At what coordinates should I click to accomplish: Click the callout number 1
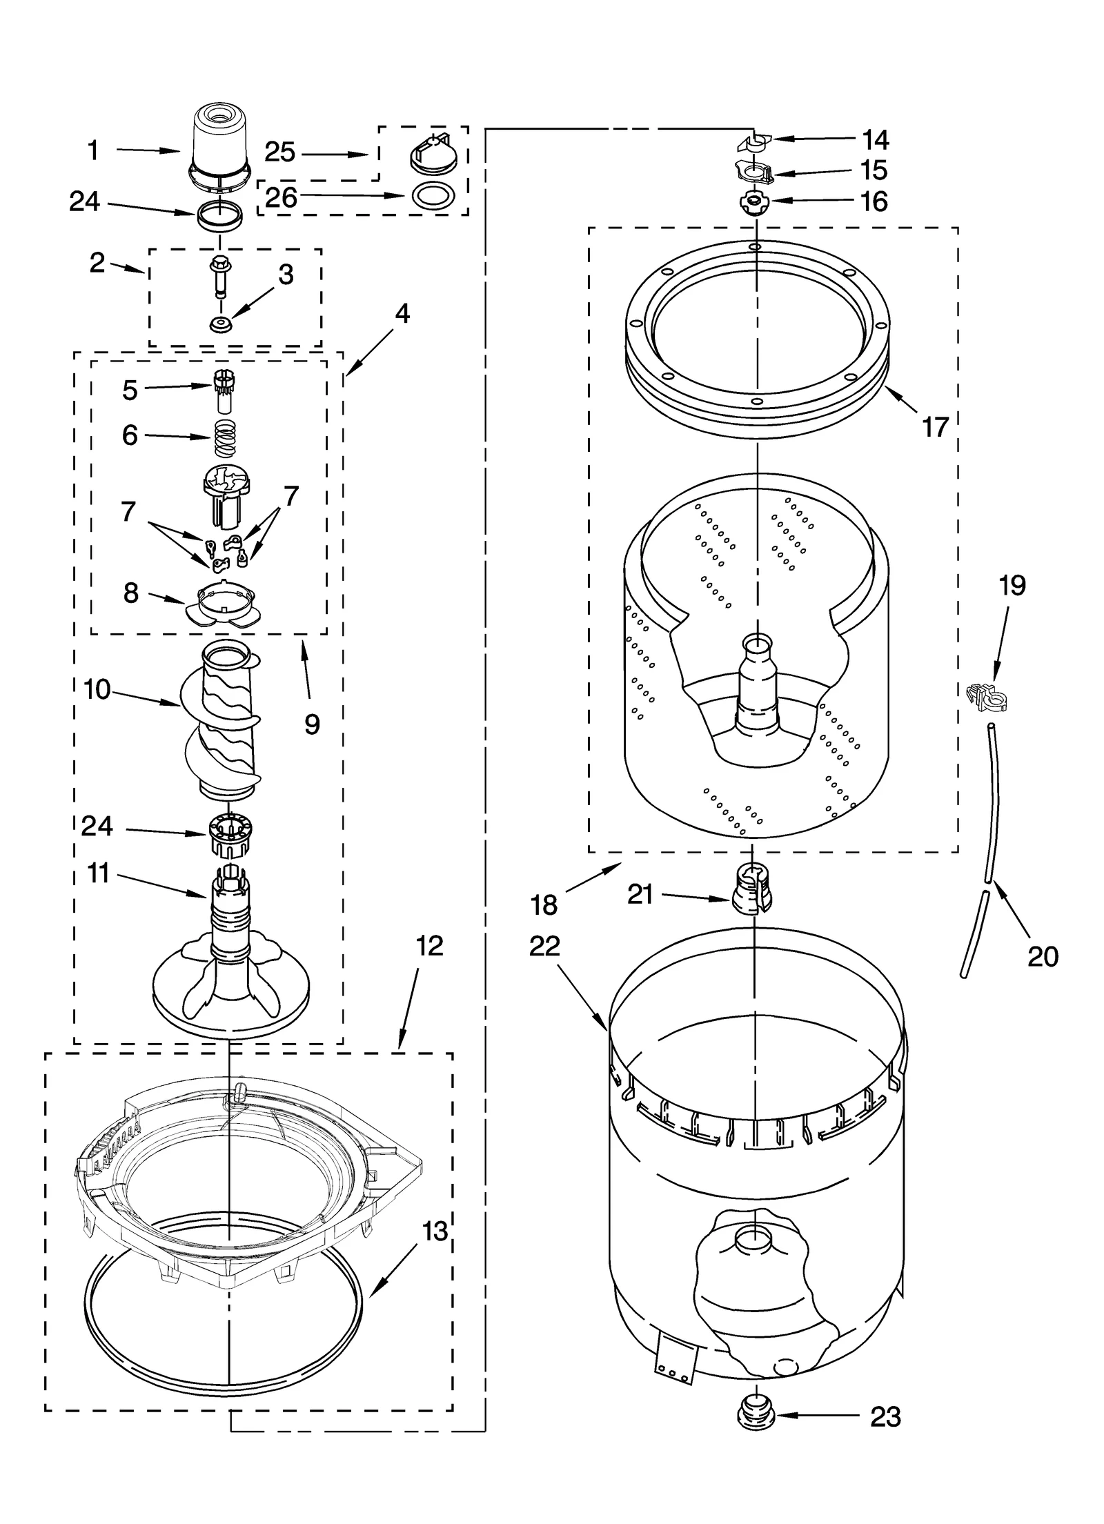(x=93, y=150)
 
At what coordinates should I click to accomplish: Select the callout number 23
(x=885, y=1417)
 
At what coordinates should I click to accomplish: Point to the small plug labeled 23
(x=756, y=1416)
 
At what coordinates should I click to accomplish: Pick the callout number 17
(x=936, y=427)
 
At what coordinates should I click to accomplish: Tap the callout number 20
(x=1043, y=956)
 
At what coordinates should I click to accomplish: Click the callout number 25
(x=280, y=152)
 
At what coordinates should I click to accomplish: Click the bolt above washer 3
(x=220, y=274)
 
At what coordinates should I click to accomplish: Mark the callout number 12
(x=430, y=946)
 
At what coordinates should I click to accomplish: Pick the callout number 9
(x=312, y=724)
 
